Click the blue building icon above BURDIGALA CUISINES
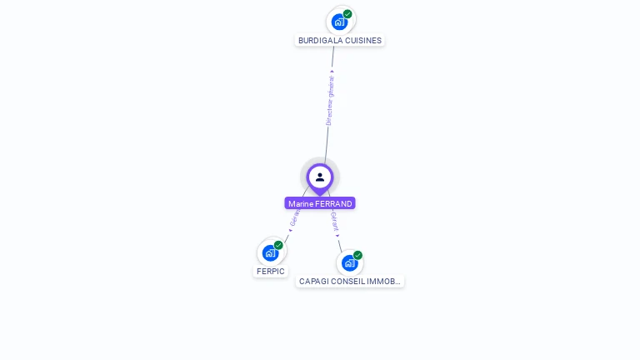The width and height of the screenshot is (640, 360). [338, 22]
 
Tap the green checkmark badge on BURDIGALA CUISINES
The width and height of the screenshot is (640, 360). [347, 14]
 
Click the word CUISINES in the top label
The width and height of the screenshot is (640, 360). [362, 40]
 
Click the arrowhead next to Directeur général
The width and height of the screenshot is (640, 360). [332, 72]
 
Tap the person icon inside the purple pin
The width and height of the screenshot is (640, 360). [320, 177]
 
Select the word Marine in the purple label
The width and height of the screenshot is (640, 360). [301, 204]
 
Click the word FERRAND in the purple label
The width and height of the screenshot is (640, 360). [333, 204]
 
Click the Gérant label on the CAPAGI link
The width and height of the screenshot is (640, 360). [334, 221]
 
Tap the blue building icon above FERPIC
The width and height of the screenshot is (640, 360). [270, 252]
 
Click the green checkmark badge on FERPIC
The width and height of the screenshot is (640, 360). [278, 245]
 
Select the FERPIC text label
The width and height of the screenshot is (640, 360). [271, 272]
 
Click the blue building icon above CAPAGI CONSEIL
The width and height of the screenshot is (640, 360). [349, 263]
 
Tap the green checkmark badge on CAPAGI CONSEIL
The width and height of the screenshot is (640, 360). [357, 255]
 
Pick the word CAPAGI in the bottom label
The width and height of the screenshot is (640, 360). [313, 282]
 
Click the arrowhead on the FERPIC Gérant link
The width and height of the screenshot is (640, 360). [290, 230]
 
